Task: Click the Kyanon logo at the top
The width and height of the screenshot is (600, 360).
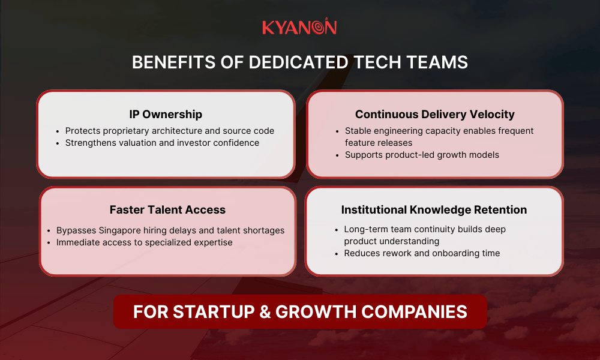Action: pyautogui.click(x=299, y=28)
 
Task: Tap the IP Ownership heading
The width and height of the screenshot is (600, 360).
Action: pyautogui.click(x=166, y=114)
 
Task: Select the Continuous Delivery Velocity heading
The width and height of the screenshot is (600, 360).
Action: pyautogui.click(x=434, y=114)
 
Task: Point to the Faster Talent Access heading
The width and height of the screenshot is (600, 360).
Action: pyautogui.click(x=167, y=209)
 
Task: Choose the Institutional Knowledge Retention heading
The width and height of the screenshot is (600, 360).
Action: pyautogui.click(x=434, y=209)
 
